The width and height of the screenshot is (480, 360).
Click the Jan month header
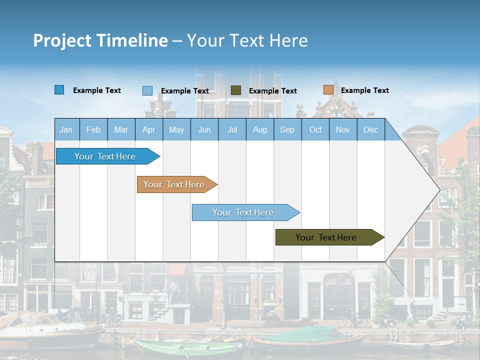point(66,129)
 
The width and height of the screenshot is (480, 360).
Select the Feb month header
point(93,129)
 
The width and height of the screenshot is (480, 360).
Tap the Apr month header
point(148,129)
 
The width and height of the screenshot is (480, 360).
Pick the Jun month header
point(204,129)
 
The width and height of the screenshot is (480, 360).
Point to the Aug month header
point(259,129)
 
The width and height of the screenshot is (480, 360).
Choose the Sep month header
point(287,129)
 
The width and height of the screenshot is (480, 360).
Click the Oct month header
point(315,129)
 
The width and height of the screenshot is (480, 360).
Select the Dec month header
point(370,129)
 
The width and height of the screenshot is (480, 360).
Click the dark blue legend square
point(59,90)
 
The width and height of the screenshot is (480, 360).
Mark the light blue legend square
point(147,90)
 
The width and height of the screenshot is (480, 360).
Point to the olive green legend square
point(236,90)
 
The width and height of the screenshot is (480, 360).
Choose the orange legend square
point(328,90)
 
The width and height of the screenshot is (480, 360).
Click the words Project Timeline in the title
point(100,40)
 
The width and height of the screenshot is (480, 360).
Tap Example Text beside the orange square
point(364,90)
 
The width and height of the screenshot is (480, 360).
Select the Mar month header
point(121,129)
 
